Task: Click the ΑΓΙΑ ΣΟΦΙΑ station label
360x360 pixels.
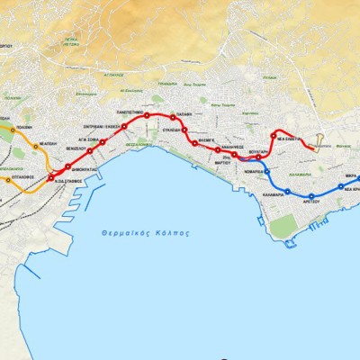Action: [x=86, y=140]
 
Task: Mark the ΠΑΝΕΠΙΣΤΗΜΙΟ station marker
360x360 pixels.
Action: [x=146, y=116]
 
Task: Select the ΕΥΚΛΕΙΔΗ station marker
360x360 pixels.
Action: [x=184, y=130]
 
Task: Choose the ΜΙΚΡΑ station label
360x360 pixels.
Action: [x=350, y=177]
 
